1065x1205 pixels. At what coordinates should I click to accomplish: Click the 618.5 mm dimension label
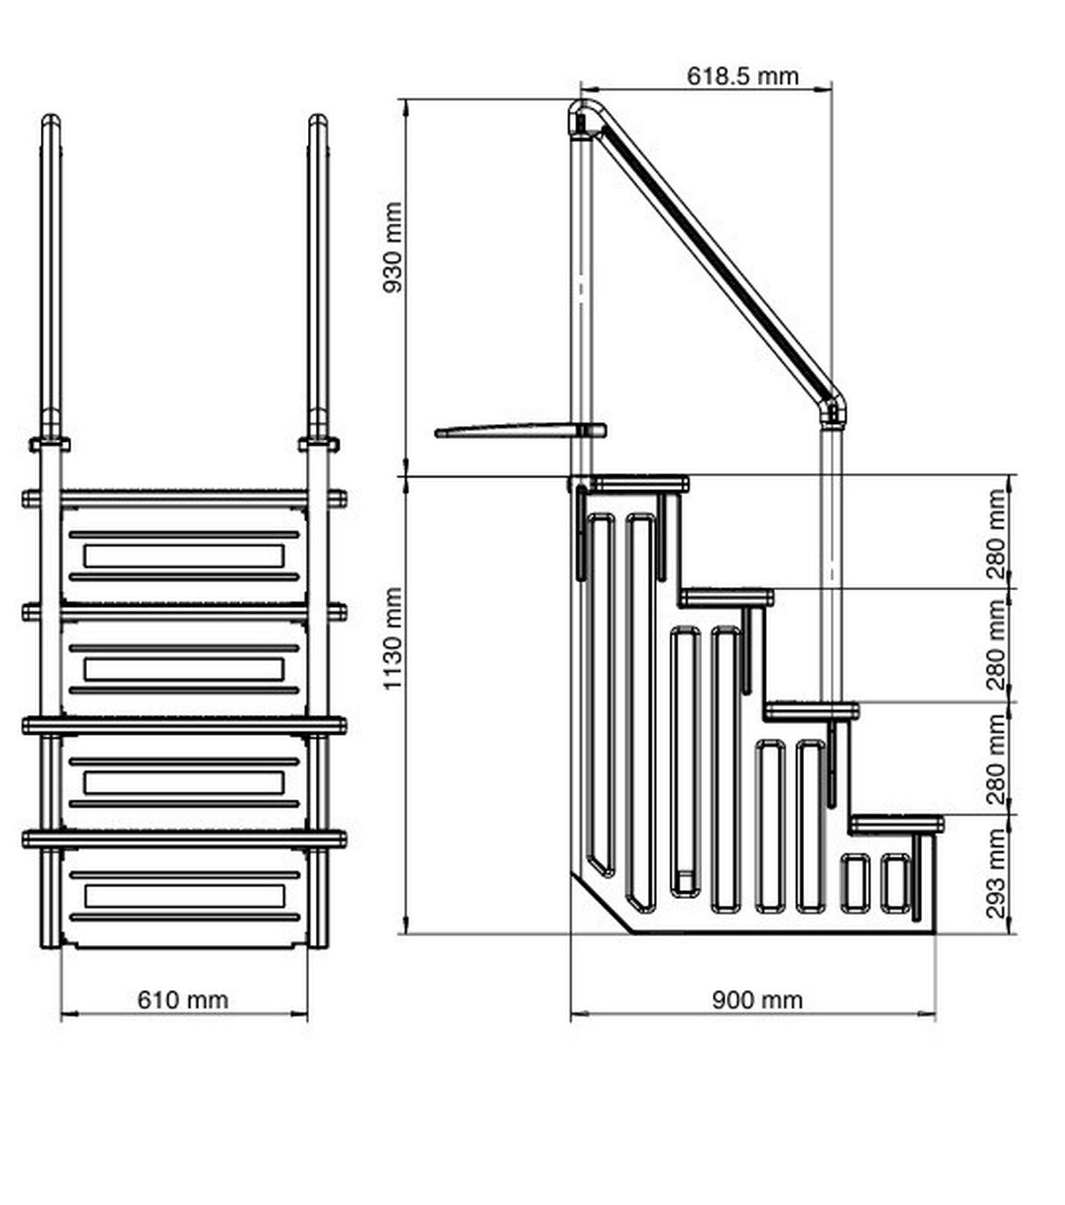pos(742,76)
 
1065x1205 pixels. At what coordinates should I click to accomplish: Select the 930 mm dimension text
pos(392,248)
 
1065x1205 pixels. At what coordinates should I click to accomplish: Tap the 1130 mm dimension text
pos(392,638)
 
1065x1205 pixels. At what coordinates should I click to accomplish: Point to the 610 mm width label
pos(183,1000)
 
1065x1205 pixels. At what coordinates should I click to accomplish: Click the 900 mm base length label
pos(757,1000)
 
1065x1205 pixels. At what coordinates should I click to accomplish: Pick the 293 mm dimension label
pos(998,873)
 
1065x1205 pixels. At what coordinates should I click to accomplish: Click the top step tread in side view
pos(639,484)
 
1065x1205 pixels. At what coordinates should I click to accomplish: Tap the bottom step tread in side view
pos(896,823)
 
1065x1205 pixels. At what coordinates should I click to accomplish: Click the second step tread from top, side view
pos(727,597)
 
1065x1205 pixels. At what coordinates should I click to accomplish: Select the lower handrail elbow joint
pos(832,410)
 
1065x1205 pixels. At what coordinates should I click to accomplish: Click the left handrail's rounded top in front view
pos(51,122)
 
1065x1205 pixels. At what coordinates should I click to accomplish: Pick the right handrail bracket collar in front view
pos(318,443)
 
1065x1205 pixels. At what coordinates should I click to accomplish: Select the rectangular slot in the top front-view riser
pos(184,556)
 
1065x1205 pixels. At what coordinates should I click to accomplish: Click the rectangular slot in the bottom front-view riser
pos(184,896)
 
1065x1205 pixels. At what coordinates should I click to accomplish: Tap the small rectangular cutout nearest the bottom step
pos(895,882)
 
